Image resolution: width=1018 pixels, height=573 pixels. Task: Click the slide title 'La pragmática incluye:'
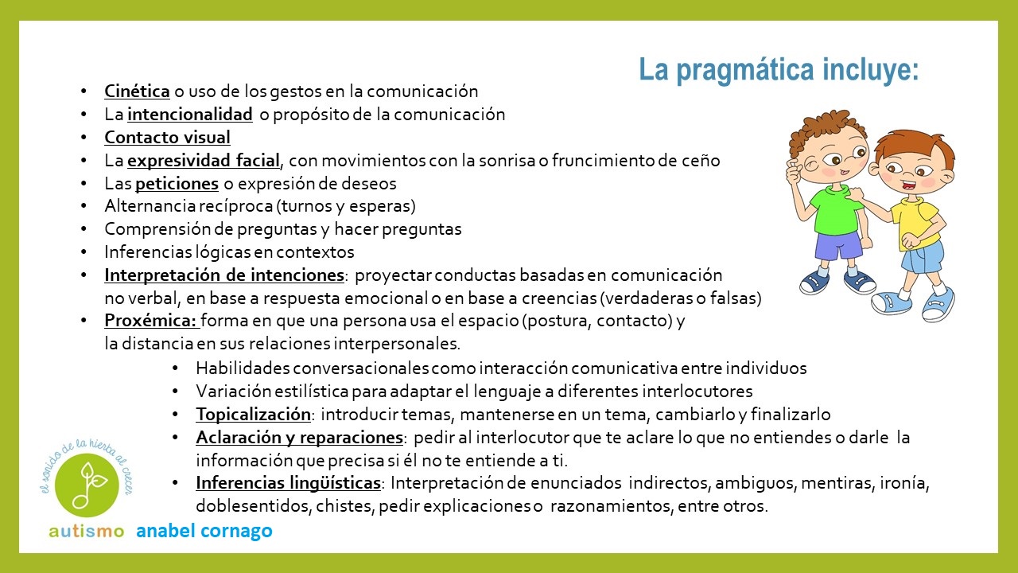779,70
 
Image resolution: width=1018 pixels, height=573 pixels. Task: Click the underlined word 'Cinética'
137,92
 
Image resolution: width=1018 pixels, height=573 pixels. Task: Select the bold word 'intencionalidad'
190,115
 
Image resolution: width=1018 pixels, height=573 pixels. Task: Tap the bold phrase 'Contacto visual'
167,138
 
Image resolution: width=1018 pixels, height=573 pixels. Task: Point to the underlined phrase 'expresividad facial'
204,161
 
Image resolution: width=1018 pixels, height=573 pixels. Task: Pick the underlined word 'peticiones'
177,184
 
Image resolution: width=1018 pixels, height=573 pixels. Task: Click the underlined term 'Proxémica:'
150,322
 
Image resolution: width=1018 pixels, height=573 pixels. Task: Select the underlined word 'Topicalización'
253,415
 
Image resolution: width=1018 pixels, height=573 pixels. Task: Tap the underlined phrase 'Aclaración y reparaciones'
299,438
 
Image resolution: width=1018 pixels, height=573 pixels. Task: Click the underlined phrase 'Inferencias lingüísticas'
289,483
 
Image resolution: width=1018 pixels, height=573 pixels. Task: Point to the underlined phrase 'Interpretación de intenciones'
223,275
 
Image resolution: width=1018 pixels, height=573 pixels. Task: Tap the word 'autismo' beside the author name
86,532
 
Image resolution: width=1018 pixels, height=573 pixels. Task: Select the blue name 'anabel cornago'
204,532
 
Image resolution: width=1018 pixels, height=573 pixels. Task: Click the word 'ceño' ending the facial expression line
701,161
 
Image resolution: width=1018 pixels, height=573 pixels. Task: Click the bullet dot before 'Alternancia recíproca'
86,207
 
